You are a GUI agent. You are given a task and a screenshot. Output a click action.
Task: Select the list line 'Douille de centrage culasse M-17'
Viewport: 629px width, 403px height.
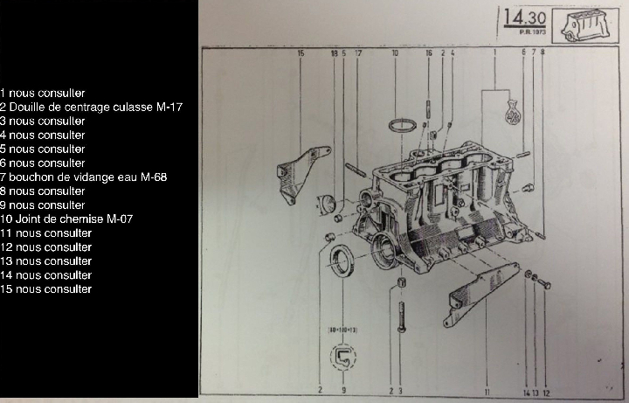point(91,107)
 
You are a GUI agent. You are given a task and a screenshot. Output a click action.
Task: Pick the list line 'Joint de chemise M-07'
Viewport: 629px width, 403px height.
point(66,219)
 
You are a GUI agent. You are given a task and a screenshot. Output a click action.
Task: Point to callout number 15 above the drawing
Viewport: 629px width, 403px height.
point(301,53)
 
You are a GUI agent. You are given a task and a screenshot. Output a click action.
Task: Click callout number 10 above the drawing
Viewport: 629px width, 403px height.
point(395,53)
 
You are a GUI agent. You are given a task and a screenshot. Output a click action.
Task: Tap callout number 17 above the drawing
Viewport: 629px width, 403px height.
point(358,53)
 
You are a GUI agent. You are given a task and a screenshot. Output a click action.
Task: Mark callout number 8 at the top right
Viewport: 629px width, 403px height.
point(543,53)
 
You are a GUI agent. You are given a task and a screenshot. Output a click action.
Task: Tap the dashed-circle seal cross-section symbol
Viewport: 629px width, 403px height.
point(343,358)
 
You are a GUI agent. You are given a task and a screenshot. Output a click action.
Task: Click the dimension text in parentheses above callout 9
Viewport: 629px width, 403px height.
point(342,330)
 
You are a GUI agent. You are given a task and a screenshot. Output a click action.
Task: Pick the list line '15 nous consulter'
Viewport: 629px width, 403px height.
point(45,288)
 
